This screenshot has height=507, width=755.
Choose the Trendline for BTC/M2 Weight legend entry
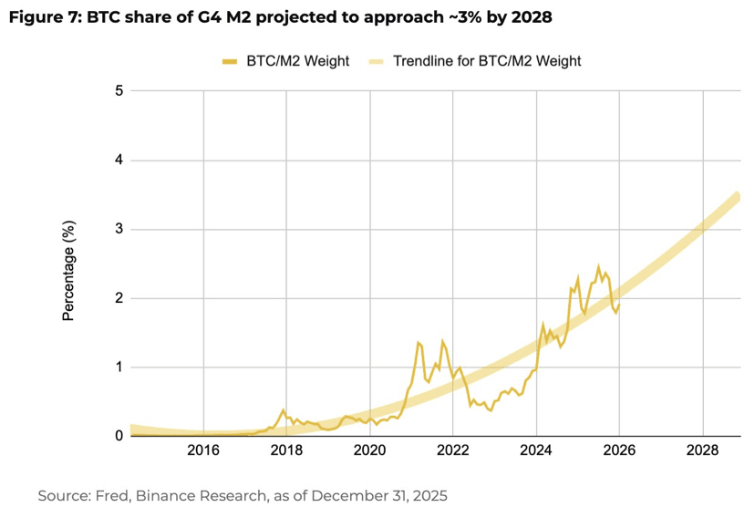[x=486, y=61]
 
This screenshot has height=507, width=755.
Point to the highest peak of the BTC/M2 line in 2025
[x=598, y=266]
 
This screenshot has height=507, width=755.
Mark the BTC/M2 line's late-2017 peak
[x=284, y=410]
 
